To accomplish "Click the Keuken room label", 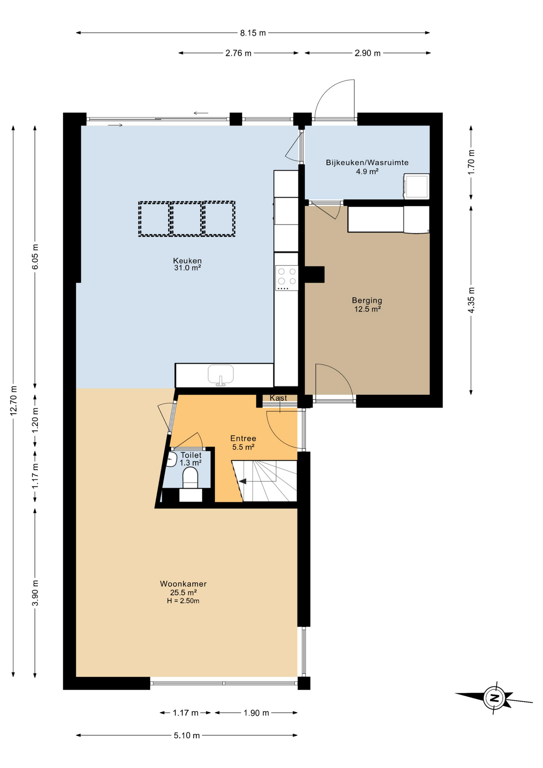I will coord(187,261).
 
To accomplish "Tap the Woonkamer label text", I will coord(183,584).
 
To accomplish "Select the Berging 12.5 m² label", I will coord(367,304).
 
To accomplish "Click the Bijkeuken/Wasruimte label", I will coord(367,163).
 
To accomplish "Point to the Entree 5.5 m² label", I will coord(243,442).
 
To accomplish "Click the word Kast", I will coord(278,398).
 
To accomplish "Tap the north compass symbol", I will coord(495,698).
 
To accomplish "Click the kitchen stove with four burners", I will coord(287,278).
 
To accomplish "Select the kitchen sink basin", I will coord(221,374).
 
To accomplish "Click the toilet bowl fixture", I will coord(190,478).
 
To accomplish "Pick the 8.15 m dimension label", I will coord(253,33).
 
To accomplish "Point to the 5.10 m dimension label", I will coord(187,736).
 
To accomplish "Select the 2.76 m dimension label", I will coord(238,53).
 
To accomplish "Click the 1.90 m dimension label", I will coord(256,713).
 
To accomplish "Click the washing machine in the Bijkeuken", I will coord(416,186).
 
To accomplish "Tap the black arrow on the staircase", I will coord(242,481).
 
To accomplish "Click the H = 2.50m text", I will coord(183,601).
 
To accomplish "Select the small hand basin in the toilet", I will coord(171,459).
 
